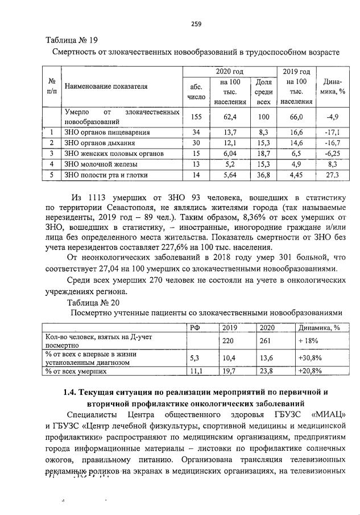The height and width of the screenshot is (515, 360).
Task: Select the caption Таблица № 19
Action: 72,40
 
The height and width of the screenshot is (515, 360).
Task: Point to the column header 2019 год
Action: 296,72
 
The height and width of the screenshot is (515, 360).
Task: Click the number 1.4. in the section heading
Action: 72,392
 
